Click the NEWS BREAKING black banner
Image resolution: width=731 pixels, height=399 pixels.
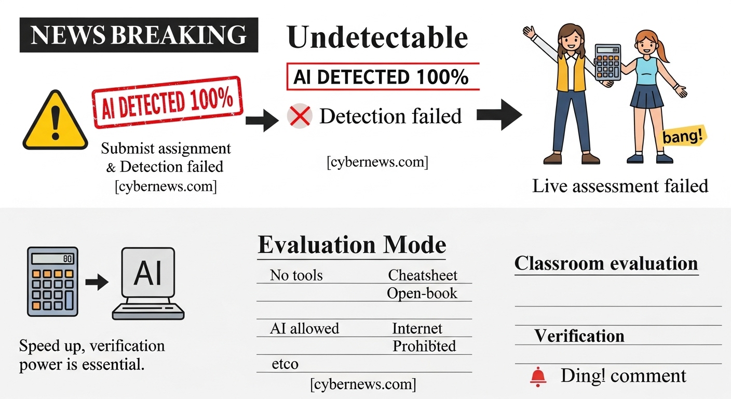click(x=139, y=35)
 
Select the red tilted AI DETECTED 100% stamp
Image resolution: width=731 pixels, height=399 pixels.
click(x=167, y=103)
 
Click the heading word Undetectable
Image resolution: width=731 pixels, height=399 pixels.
click(x=377, y=37)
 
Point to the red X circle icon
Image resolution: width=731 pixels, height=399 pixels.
click(x=300, y=116)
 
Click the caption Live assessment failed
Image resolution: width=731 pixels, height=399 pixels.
click(x=620, y=185)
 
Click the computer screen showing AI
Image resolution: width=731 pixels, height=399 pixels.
click(x=148, y=274)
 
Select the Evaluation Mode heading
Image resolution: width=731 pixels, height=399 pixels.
click(x=351, y=245)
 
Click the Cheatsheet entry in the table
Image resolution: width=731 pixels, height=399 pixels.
click(x=423, y=275)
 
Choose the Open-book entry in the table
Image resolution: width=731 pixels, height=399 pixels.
click(x=422, y=293)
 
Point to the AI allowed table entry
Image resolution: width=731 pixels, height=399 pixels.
click(x=304, y=328)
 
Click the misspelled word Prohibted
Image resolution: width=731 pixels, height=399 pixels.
click(x=424, y=346)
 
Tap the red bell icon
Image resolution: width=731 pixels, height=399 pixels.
click(x=538, y=376)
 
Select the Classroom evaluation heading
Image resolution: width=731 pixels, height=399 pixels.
click(x=606, y=263)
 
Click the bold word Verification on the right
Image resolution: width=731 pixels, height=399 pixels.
click(x=579, y=336)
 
